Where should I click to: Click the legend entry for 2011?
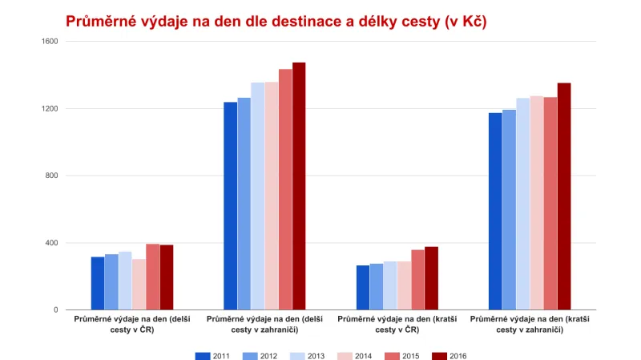point(214,355)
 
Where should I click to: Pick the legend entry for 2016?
point(449,355)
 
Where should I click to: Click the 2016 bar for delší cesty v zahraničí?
point(299,186)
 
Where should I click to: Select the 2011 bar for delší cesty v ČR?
point(98,283)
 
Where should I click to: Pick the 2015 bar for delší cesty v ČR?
point(152,277)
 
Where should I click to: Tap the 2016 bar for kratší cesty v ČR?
point(431,278)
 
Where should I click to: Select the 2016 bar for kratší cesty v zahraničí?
point(564,196)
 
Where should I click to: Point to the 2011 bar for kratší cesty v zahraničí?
point(495,211)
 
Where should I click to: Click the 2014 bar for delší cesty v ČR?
point(139,285)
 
